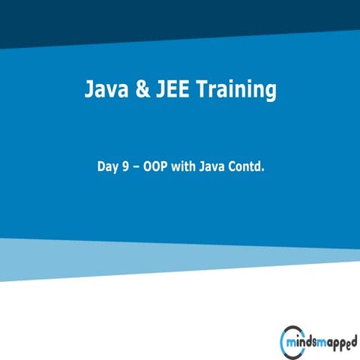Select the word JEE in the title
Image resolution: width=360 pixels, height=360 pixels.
tap(167, 91)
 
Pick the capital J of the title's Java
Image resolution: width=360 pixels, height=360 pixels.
tap(88, 91)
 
